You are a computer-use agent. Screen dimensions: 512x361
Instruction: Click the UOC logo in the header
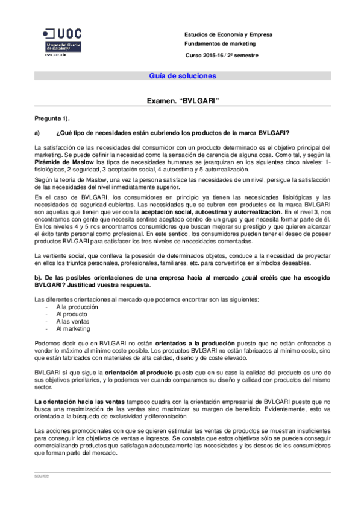coord(63,39)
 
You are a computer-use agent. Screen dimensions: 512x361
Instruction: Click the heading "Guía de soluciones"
coord(183,76)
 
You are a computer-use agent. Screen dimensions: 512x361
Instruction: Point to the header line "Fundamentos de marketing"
coord(220,44)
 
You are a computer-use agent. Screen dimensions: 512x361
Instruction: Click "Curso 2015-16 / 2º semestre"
coord(222,55)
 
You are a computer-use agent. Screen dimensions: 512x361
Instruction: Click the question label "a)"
coord(37,133)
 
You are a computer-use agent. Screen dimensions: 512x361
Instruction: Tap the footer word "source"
coord(42,476)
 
